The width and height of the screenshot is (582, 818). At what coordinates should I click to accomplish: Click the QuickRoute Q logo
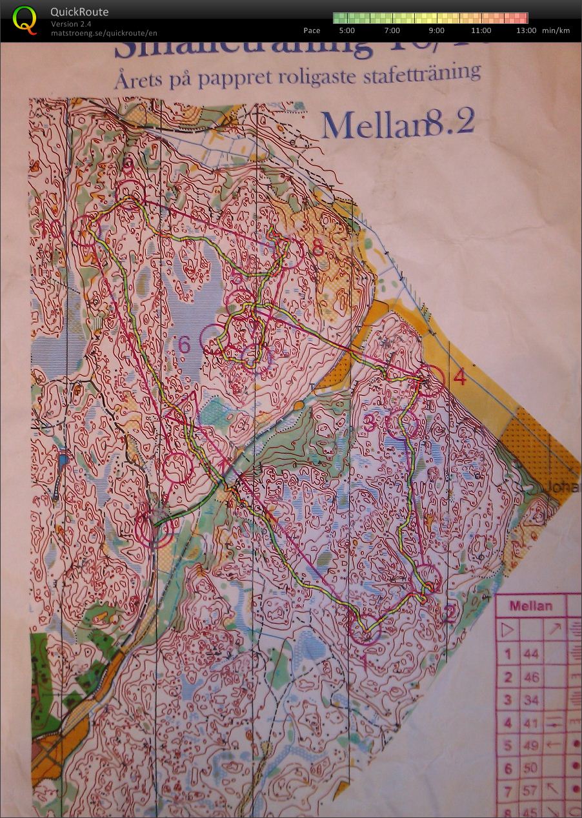[25, 19]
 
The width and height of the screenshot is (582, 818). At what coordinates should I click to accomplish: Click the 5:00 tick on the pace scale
[346, 30]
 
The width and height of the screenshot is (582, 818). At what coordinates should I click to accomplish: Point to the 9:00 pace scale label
[436, 30]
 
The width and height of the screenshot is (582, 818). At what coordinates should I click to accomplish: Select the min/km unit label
[556, 30]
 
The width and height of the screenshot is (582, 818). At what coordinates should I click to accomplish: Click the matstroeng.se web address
[104, 33]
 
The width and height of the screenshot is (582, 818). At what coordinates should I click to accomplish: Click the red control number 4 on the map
[459, 376]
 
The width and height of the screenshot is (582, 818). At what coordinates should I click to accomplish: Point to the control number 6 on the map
[185, 345]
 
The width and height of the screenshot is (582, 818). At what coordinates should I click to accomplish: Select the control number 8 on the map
[317, 249]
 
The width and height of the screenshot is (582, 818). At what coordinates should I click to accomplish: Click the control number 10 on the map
[50, 229]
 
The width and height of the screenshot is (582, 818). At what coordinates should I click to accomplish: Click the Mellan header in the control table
[530, 606]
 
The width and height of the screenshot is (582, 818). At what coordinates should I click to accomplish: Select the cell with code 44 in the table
[530, 654]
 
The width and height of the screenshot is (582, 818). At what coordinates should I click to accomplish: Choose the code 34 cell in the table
[530, 700]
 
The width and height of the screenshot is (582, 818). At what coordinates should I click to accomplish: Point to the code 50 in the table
[530, 768]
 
